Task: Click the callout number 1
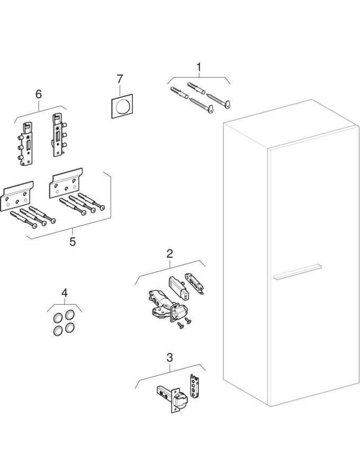coord(199,67)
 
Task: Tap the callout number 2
coord(169,254)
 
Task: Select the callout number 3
coord(169,358)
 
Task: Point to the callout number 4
coord(64,292)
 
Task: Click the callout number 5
coord(73,242)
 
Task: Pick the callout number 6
coord(38,94)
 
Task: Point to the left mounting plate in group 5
coord(17,195)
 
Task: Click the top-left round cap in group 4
coord(58,319)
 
